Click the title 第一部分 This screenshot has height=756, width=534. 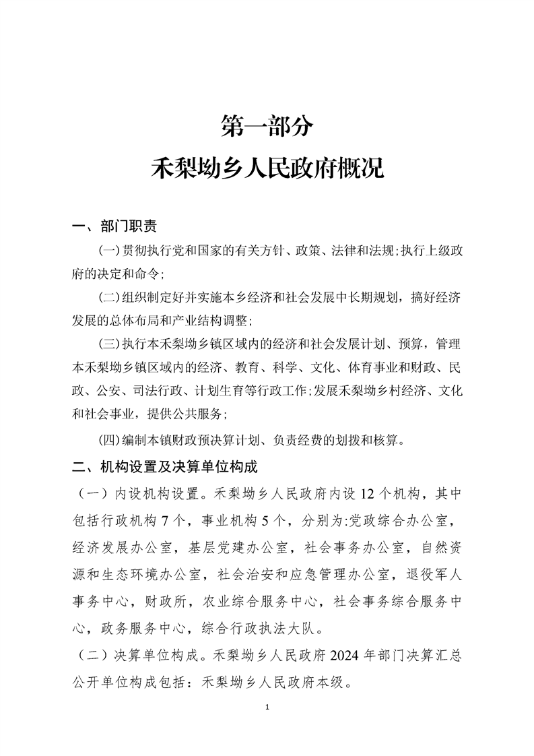point(267,125)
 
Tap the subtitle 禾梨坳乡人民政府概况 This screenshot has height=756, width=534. point(267,167)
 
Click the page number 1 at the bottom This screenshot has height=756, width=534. point(267,707)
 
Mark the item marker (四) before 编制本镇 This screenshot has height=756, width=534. point(109,441)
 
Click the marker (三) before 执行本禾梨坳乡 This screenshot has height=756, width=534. point(109,344)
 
